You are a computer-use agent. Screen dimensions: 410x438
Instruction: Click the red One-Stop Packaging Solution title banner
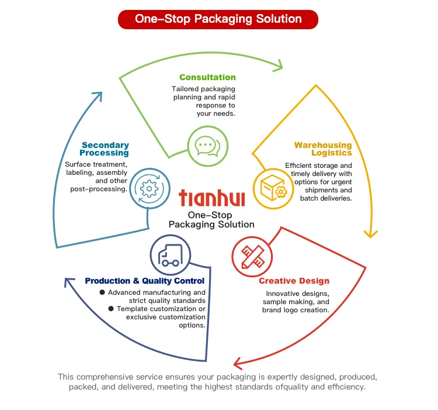[x=218, y=19]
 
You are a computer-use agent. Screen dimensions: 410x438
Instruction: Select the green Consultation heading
[x=207, y=77]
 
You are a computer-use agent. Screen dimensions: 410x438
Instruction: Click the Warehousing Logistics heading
[x=323, y=149]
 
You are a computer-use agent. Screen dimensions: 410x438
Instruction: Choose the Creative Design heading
[x=294, y=281]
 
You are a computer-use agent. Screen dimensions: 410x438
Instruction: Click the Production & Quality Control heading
[x=145, y=281]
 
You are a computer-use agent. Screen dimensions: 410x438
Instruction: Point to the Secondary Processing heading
[x=105, y=149]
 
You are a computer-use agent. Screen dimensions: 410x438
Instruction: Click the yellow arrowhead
[x=369, y=233]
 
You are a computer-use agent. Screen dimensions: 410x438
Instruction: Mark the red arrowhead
[x=238, y=362]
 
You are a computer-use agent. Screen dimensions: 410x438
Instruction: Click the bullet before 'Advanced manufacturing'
[x=102, y=292]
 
